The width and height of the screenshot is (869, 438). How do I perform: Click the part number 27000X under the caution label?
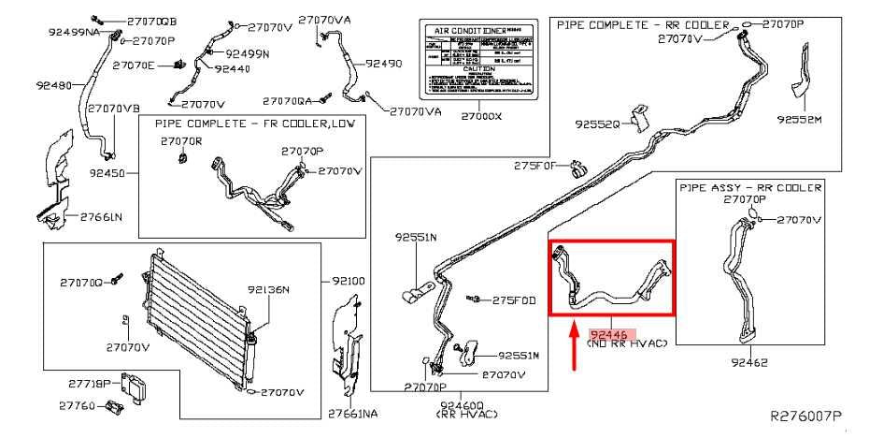482,117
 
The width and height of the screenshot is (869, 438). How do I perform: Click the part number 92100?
352,280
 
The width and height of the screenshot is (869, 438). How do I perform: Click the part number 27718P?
90,383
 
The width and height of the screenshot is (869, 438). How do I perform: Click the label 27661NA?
353,413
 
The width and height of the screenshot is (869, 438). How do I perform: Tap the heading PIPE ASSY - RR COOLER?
750,187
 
